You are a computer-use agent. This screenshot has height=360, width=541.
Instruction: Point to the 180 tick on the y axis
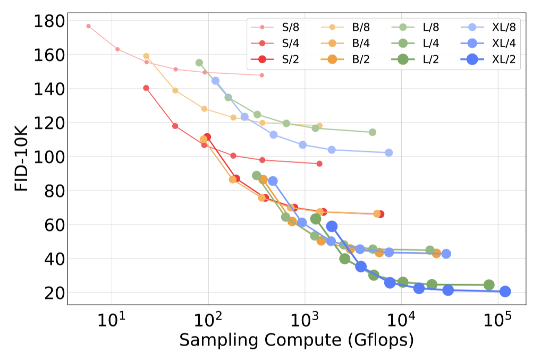[x=48, y=21]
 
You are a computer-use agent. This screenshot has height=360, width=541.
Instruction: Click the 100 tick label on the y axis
[x=48, y=157]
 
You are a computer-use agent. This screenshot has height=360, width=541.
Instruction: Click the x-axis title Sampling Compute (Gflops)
[x=296, y=340]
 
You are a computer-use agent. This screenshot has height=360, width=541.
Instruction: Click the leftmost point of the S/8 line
[x=88, y=26]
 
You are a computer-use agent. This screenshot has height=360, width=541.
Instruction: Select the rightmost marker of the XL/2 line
[x=505, y=291]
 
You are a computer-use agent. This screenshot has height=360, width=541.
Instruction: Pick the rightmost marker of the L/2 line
[x=488, y=285]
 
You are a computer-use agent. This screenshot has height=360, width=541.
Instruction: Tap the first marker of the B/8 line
[x=146, y=56]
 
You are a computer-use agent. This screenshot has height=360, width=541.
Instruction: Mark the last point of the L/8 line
[x=373, y=132]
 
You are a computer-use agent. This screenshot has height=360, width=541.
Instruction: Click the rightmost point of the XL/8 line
[x=388, y=152]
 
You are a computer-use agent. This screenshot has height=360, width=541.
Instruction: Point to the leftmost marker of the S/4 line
[x=146, y=88]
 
